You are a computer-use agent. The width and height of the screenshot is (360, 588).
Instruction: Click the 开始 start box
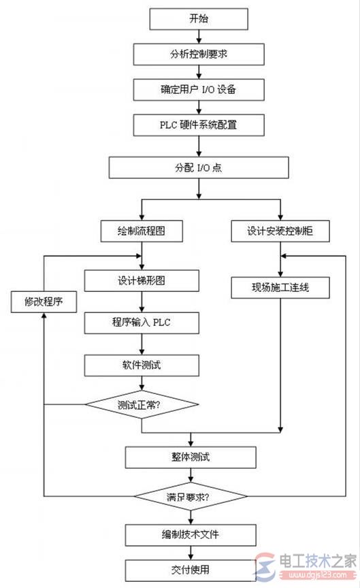click(199, 19)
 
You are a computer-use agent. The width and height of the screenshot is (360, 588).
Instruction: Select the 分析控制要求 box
click(199, 54)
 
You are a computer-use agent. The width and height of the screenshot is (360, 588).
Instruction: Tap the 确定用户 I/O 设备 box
click(199, 90)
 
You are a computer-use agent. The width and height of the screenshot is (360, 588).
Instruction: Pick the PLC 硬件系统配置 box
click(199, 125)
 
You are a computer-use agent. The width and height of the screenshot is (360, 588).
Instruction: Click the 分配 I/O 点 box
click(199, 167)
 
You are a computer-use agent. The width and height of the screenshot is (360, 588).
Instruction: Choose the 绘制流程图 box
click(142, 231)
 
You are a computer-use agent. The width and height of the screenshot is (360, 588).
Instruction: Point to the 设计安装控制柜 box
click(280, 231)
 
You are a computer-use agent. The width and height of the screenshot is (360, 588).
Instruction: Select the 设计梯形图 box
click(142, 280)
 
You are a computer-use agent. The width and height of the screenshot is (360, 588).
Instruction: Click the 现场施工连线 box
click(280, 288)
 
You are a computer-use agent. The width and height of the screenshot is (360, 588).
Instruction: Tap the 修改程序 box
click(44, 302)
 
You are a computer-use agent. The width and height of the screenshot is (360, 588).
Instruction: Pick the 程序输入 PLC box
click(142, 323)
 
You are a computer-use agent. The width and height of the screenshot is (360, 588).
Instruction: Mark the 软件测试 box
click(142, 365)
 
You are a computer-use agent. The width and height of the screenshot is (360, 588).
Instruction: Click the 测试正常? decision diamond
click(142, 404)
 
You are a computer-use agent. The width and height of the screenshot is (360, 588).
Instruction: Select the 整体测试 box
click(191, 457)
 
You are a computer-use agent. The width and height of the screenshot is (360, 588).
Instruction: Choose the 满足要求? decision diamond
click(191, 497)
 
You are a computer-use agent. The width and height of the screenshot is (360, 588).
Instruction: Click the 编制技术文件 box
click(191, 535)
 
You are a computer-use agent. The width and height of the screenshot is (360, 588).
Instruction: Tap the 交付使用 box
click(191, 570)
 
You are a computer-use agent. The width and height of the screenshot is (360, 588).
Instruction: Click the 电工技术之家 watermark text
click(317, 561)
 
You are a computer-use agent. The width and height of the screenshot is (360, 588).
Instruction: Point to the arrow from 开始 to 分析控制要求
click(199, 37)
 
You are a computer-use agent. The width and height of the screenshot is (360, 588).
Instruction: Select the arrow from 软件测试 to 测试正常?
click(142, 383)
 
